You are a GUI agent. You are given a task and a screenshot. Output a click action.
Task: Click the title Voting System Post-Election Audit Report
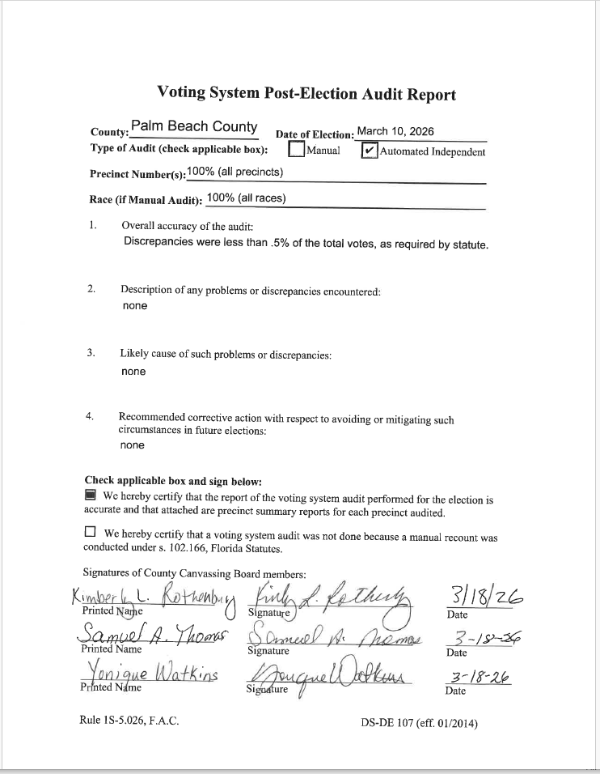pos(306,94)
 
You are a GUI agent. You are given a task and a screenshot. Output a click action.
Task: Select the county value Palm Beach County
pos(194,127)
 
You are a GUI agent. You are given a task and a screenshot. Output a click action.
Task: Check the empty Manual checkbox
pos(297,151)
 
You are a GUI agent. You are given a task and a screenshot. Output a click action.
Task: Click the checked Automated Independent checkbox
pos(370,151)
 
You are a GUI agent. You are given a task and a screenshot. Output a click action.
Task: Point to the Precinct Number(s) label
pos(137,174)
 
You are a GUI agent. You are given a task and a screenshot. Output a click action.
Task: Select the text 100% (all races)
pos(246,198)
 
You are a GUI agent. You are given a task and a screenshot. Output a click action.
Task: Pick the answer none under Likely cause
pos(133,372)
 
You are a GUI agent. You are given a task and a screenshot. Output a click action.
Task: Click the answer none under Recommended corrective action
pos(133,445)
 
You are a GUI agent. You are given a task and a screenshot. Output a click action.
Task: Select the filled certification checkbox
pos(91,495)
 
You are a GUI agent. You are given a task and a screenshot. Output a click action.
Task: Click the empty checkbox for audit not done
pos(90,533)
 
